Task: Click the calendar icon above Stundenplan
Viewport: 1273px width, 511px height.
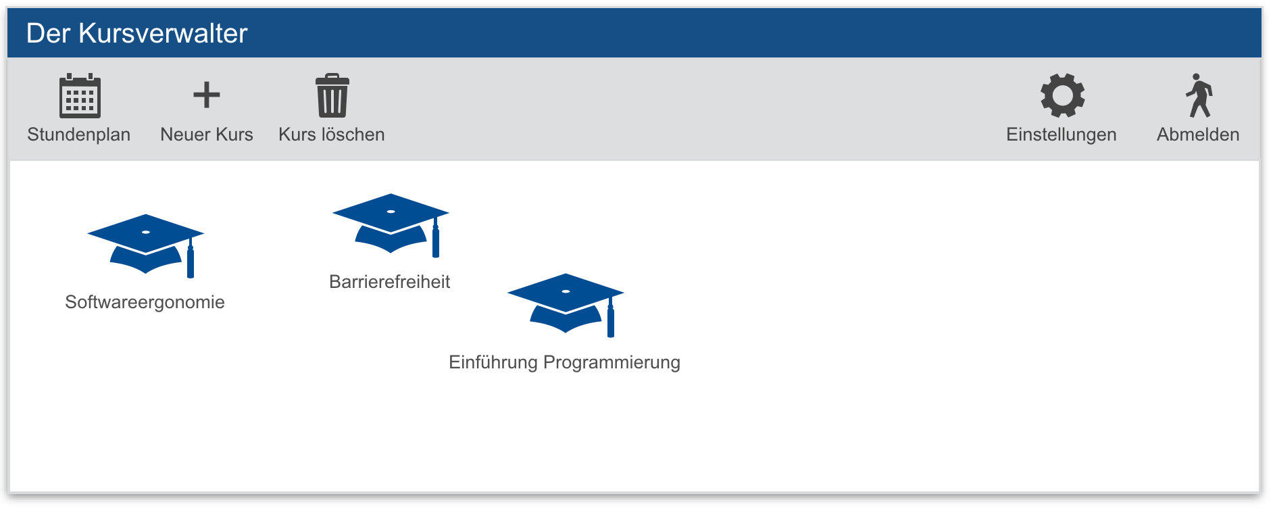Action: pos(80,96)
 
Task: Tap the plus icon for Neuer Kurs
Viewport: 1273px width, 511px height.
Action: pos(207,95)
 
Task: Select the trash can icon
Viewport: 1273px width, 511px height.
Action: pos(332,96)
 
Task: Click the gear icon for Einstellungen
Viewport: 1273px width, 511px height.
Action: pos(1062,96)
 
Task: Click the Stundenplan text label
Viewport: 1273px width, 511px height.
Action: pos(79,135)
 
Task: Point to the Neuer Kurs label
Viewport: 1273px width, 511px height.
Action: pos(207,135)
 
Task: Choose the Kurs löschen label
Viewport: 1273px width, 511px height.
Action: pos(332,135)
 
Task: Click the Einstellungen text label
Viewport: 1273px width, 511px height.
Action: pos(1061,135)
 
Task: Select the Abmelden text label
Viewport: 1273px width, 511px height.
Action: pos(1198,135)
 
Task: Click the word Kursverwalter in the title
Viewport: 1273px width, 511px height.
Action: pos(164,34)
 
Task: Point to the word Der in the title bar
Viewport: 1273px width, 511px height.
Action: pos(48,34)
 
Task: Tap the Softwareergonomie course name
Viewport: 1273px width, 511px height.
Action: pos(145,302)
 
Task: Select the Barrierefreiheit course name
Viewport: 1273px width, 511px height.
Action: pos(389,282)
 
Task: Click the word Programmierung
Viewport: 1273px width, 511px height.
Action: pos(611,362)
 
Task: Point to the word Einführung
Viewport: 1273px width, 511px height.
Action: pos(493,362)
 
